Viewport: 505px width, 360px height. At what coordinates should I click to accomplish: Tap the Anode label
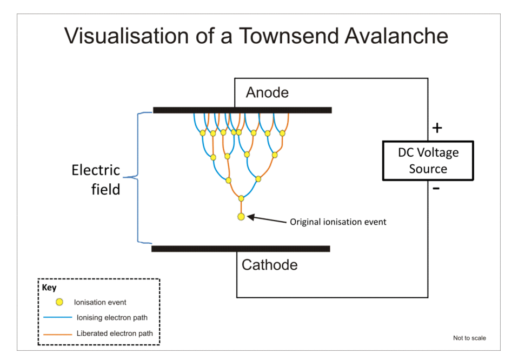tap(267, 92)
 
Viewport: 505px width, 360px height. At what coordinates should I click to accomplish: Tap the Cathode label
tap(269, 265)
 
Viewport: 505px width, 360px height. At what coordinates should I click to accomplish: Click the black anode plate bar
tap(242, 110)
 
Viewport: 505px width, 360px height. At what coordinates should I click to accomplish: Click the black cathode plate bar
tap(241, 249)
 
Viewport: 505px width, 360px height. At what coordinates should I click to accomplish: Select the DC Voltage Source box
tap(428, 161)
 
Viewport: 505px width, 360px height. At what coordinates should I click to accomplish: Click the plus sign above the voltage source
tap(437, 128)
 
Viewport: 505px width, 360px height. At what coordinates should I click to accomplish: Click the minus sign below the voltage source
tap(436, 189)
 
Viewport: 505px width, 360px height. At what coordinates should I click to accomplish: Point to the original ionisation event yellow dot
tap(241, 217)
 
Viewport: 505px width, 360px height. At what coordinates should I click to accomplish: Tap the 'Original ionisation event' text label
tap(338, 222)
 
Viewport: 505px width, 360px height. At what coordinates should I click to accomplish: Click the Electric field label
tap(96, 180)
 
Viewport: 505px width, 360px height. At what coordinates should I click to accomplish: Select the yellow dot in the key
tap(59, 302)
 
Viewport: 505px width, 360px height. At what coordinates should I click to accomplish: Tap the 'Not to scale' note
tap(469, 338)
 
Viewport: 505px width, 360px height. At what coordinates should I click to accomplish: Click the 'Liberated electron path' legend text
tap(115, 334)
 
